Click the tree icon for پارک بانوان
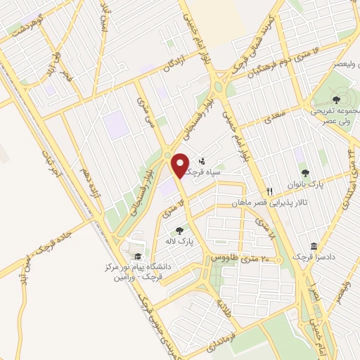304,172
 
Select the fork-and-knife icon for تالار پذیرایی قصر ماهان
269,191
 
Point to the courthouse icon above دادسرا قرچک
314,247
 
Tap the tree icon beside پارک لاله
179,229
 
